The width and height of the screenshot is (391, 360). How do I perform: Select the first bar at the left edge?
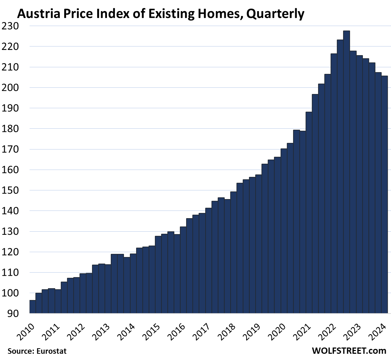point(33,307)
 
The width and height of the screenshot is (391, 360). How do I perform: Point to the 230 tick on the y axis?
point(10,26)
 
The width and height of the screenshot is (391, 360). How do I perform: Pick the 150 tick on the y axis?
point(10,190)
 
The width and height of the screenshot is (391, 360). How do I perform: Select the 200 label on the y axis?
point(10,87)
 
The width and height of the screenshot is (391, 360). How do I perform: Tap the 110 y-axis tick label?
point(10,273)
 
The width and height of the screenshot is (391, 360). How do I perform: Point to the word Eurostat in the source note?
point(51,351)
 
